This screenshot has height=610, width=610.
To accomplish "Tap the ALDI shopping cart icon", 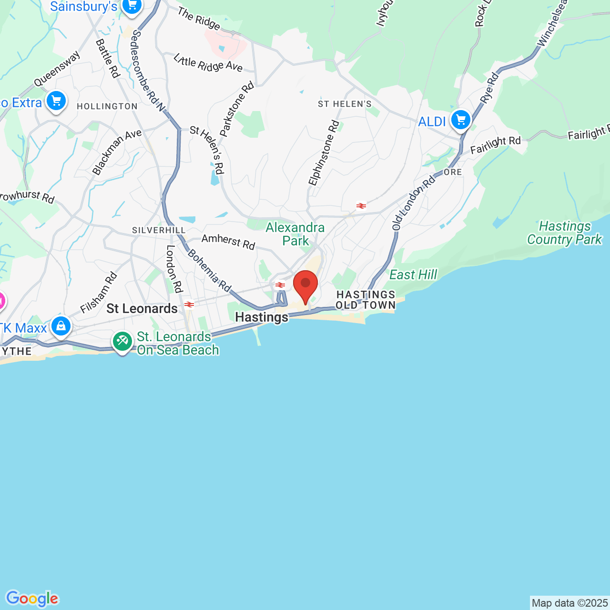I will (461, 120).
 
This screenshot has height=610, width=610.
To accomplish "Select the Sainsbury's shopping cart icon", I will (132, 6).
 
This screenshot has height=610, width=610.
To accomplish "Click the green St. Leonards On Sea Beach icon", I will (122, 341).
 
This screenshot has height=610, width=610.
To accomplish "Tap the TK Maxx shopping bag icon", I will (61, 326).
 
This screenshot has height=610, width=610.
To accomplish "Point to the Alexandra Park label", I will (295, 234).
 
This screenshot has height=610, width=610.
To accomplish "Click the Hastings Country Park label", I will (564, 233).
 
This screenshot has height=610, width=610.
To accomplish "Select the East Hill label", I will (413, 274).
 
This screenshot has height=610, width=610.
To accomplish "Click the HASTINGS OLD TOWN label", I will (366, 300).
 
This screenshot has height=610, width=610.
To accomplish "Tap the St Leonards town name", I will (142, 308).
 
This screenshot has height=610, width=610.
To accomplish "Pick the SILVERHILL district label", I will (159, 230).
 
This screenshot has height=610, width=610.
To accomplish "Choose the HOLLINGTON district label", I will (107, 106).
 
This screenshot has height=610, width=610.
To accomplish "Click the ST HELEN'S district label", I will (345, 104).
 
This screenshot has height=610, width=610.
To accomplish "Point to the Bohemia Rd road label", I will (209, 270).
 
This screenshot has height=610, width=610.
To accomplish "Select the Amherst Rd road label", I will (228, 242).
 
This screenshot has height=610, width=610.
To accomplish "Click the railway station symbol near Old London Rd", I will (361, 206).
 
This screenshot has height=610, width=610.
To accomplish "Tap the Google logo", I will (32, 599).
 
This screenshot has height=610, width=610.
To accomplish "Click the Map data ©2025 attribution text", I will (569, 603).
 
